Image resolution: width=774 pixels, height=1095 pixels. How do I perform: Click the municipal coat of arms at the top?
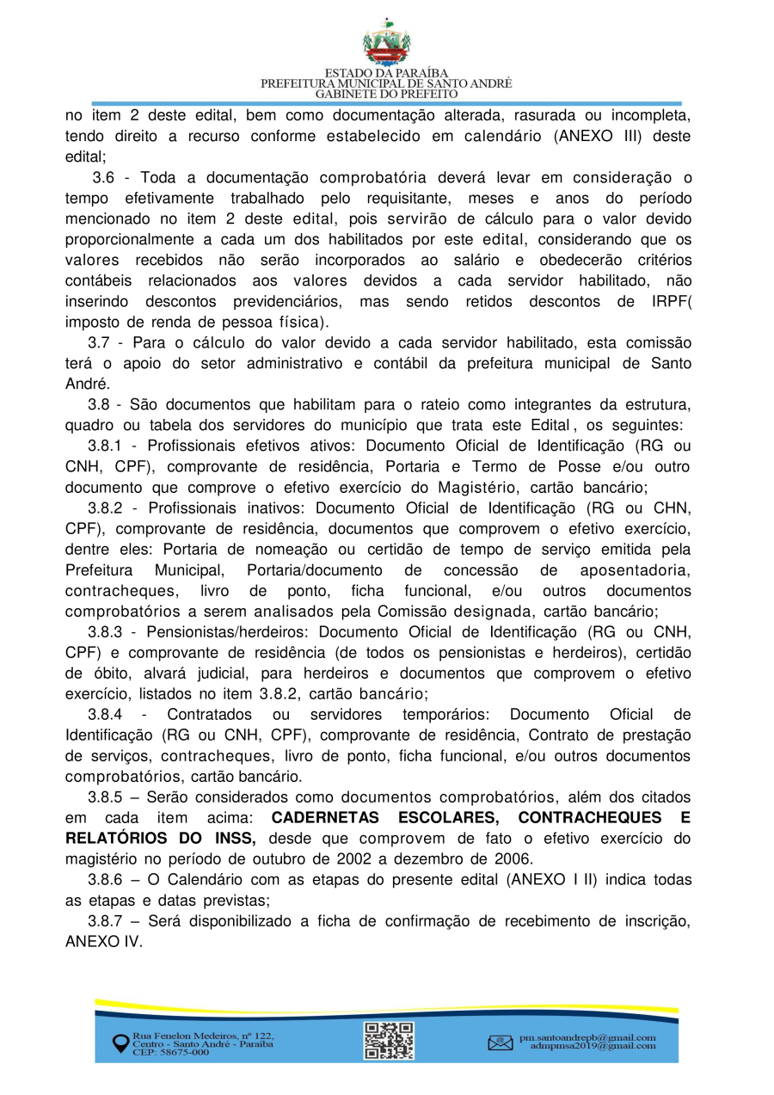coord(386,43)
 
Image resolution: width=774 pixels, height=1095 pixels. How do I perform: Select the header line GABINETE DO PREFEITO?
coord(386,94)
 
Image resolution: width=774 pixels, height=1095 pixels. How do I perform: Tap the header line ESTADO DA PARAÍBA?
coord(386,73)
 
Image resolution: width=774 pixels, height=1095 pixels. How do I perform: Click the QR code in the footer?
coord(389,1040)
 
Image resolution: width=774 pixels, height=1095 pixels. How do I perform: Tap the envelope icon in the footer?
coord(500,1043)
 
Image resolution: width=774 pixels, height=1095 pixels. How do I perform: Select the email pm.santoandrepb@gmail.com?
coord(587,1037)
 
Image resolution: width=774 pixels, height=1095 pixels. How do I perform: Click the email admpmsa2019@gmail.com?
coord(593,1047)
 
